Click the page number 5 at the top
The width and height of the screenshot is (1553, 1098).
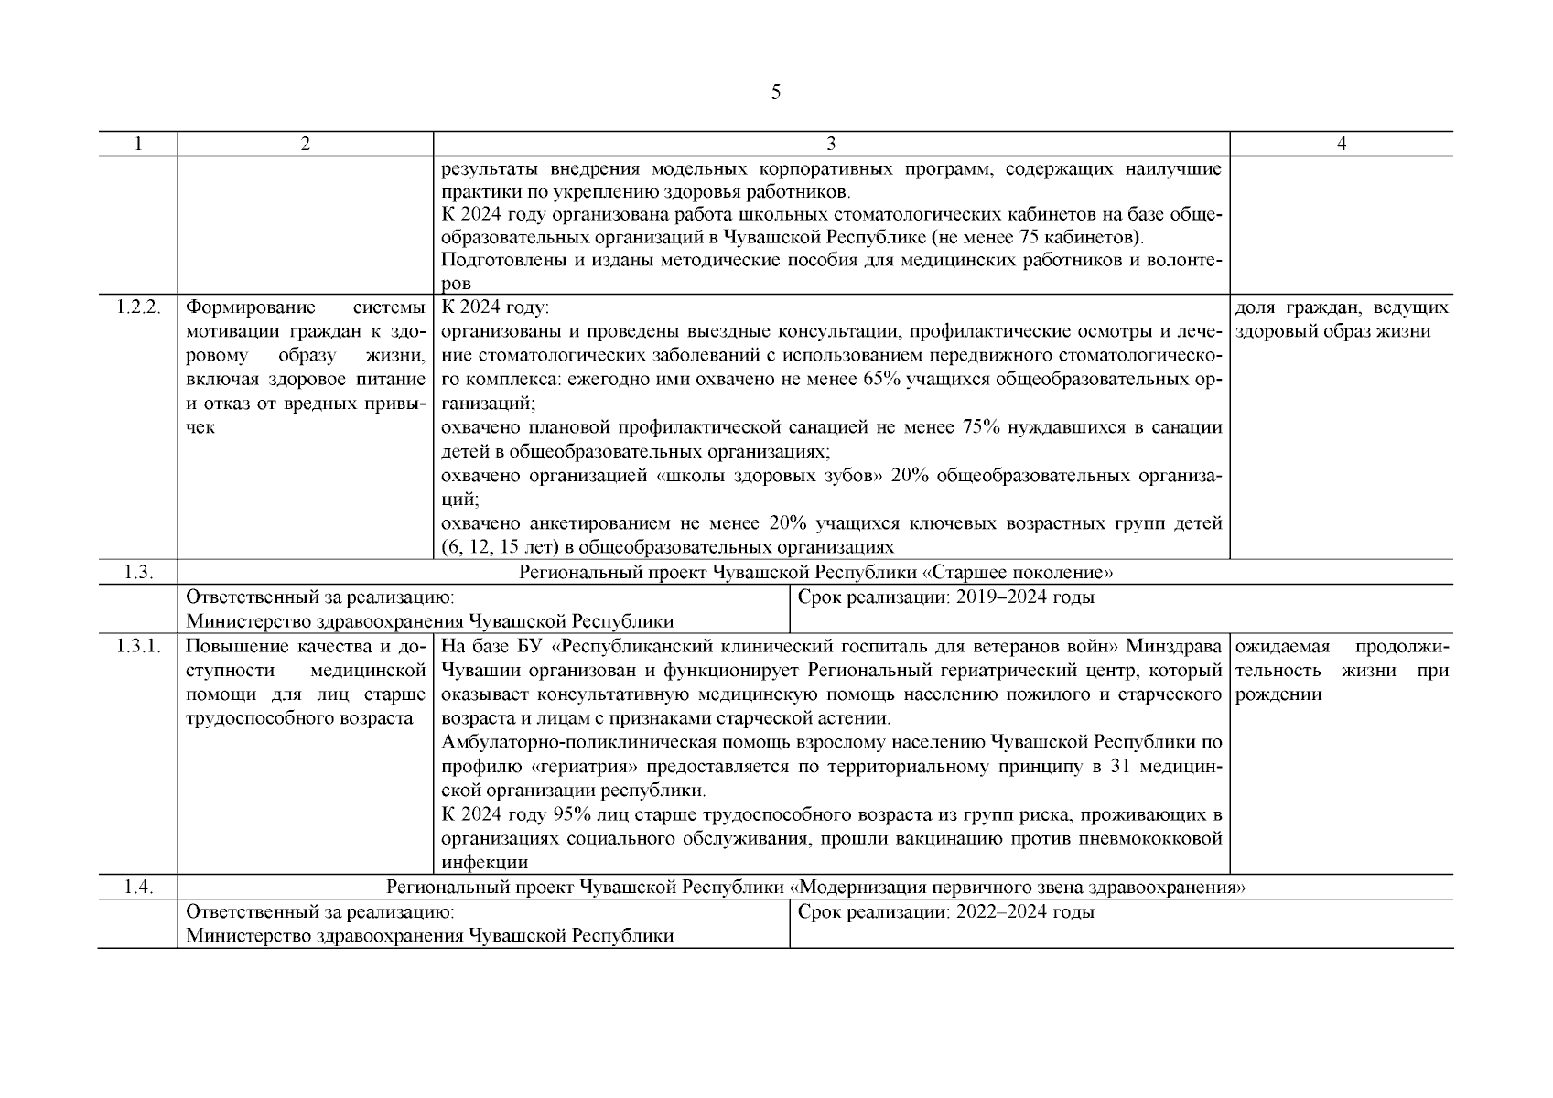pyautogui.click(x=776, y=92)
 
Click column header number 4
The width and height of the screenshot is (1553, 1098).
pyautogui.click(x=1341, y=144)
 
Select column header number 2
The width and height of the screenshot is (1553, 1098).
pyautogui.click(x=305, y=144)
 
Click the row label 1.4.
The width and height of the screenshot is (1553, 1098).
pyautogui.click(x=137, y=888)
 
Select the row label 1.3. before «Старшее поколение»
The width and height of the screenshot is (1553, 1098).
pyautogui.click(x=137, y=573)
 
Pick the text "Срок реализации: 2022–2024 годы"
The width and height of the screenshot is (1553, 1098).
pyautogui.click(x=945, y=912)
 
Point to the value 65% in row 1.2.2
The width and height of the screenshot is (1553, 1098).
pyautogui.click(x=879, y=379)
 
